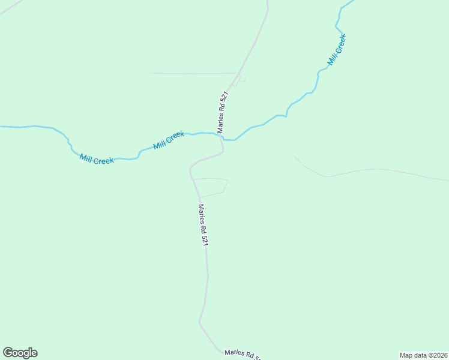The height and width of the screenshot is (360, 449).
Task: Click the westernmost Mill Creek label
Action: click(x=97, y=160)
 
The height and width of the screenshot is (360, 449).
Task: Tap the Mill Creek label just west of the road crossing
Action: click(x=169, y=140)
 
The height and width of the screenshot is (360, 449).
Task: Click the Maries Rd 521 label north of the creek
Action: click(x=222, y=112)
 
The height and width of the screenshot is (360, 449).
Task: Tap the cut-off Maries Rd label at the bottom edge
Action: click(x=243, y=355)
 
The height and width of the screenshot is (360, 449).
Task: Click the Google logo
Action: click(x=20, y=353)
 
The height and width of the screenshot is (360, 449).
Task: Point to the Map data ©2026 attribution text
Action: click(x=424, y=355)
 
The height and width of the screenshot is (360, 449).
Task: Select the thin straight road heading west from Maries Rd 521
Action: click(x=192, y=73)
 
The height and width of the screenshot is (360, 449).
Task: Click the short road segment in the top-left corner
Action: click(x=11, y=7)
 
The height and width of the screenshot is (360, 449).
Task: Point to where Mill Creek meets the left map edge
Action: click(x=1, y=127)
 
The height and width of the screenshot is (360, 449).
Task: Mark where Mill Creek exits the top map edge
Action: click(x=351, y=1)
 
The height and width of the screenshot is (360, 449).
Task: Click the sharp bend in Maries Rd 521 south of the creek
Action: click(x=191, y=167)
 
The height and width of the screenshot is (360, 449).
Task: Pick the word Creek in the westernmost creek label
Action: click(x=103, y=161)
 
